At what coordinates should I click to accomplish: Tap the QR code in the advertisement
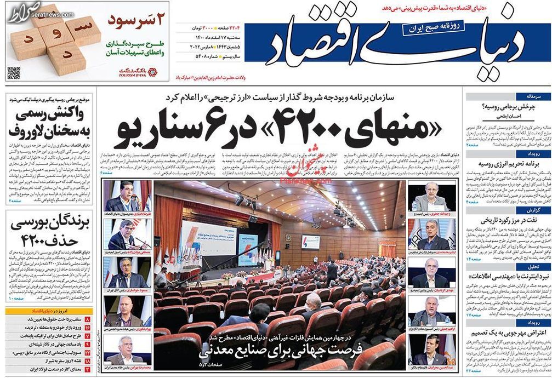pyautogui.click(x=14, y=72)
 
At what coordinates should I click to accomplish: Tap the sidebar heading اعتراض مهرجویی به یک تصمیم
pyautogui.click(x=507, y=332)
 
